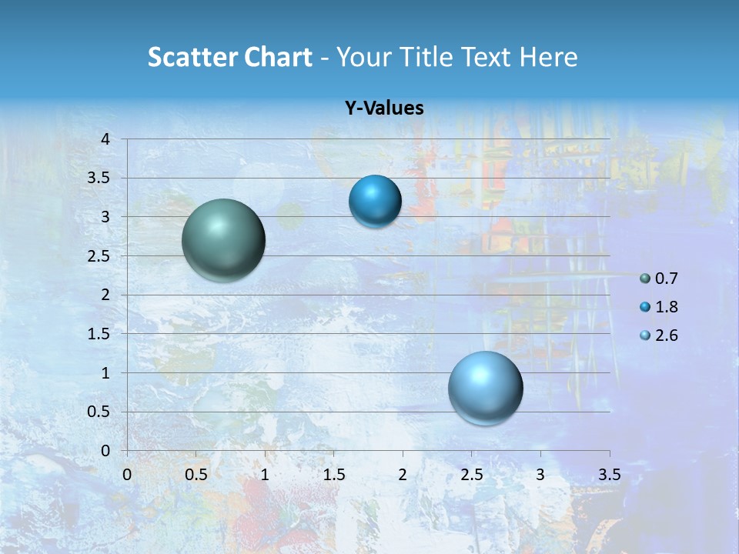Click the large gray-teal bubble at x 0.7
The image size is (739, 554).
pyautogui.click(x=223, y=240)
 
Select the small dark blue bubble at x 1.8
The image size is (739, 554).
pyautogui.click(x=375, y=202)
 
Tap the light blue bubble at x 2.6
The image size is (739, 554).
pyautogui.click(x=485, y=388)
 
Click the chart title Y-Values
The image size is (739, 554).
pyautogui.click(x=383, y=108)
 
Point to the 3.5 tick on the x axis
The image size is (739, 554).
pyautogui.click(x=609, y=475)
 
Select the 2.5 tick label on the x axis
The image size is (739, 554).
pyautogui.click(x=471, y=475)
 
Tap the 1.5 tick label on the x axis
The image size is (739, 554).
pyautogui.click(x=333, y=475)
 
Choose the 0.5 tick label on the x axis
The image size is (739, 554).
pyautogui.click(x=196, y=475)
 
